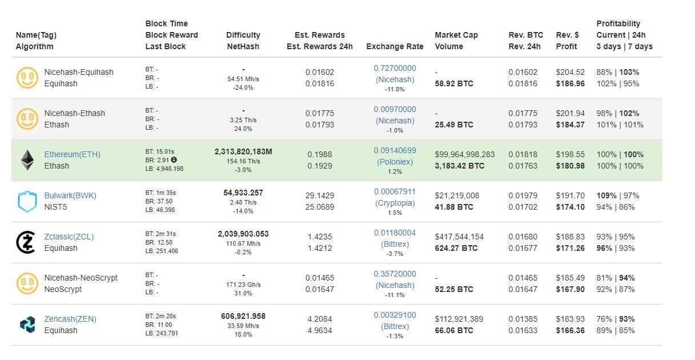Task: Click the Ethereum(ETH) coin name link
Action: [73, 154]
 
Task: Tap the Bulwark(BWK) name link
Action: [70, 196]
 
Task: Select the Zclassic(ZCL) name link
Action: [69, 237]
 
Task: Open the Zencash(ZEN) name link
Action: [70, 319]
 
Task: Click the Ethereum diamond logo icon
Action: [27, 160]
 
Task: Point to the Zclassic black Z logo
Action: [26, 242]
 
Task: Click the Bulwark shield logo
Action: [27, 201]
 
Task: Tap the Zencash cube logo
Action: [27, 325]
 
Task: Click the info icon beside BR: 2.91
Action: [174, 160]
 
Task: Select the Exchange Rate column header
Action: [395, 46]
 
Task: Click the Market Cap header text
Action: [456, 35]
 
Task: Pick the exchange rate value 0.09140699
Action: [395, 150]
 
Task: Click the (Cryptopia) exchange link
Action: [395, 203]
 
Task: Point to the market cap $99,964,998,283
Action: [464, 154]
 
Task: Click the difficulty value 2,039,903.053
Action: [243, 234]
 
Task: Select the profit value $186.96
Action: [570, 84]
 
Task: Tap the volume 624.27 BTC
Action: [456, 248]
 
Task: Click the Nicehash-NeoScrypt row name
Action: [81, 278]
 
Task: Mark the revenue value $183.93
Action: [570, 319]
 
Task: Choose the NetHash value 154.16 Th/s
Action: [243, 161]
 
